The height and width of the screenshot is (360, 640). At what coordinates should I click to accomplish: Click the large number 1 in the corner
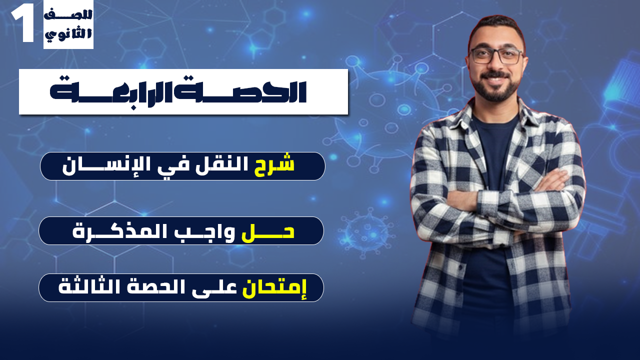22,24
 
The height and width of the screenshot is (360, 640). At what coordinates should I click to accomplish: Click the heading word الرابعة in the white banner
133,91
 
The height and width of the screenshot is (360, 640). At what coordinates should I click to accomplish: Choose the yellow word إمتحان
274,288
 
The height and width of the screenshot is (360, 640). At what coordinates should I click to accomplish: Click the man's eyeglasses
495,55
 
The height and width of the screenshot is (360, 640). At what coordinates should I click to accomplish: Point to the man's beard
495,90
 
